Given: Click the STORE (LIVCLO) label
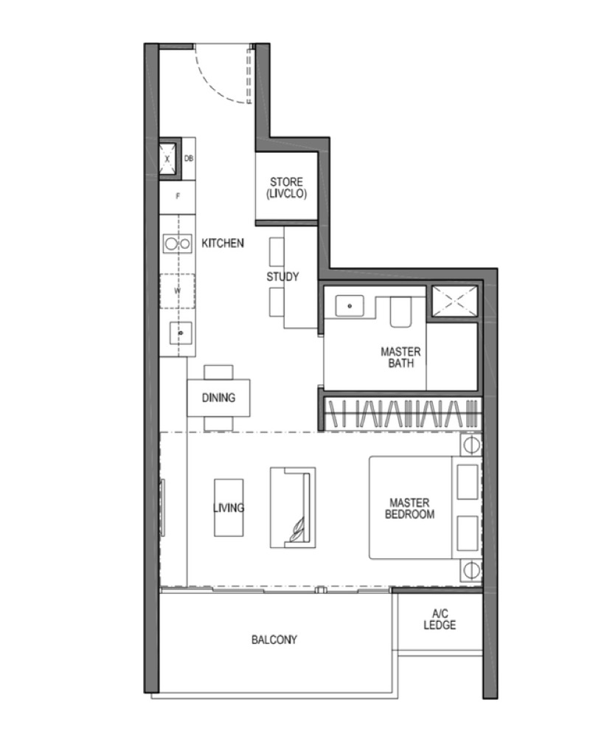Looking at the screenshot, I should (x=286, y=187).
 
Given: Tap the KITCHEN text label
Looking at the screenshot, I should (x=222, y=243).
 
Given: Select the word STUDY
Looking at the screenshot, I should (x=282, y=277).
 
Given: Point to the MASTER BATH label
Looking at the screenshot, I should (x=400, y=357).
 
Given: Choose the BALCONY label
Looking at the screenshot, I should (x=274, y=640).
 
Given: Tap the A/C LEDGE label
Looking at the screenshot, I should (x=440, y=620).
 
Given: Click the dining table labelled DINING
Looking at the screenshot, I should (x=218, y=398).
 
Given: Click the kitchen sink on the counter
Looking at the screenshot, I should (x=179, y=333).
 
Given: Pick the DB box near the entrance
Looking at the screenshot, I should (x=188, y=159).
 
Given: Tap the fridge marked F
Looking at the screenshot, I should (x=178, y=196).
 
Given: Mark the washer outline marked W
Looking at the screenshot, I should (x=178, y=291).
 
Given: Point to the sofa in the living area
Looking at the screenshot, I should (x=292, y=507).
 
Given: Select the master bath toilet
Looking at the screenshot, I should (x=401, y=313).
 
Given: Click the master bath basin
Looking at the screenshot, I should (x=349, y=305).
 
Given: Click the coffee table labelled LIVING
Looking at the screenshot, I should (x=228, y=507).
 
